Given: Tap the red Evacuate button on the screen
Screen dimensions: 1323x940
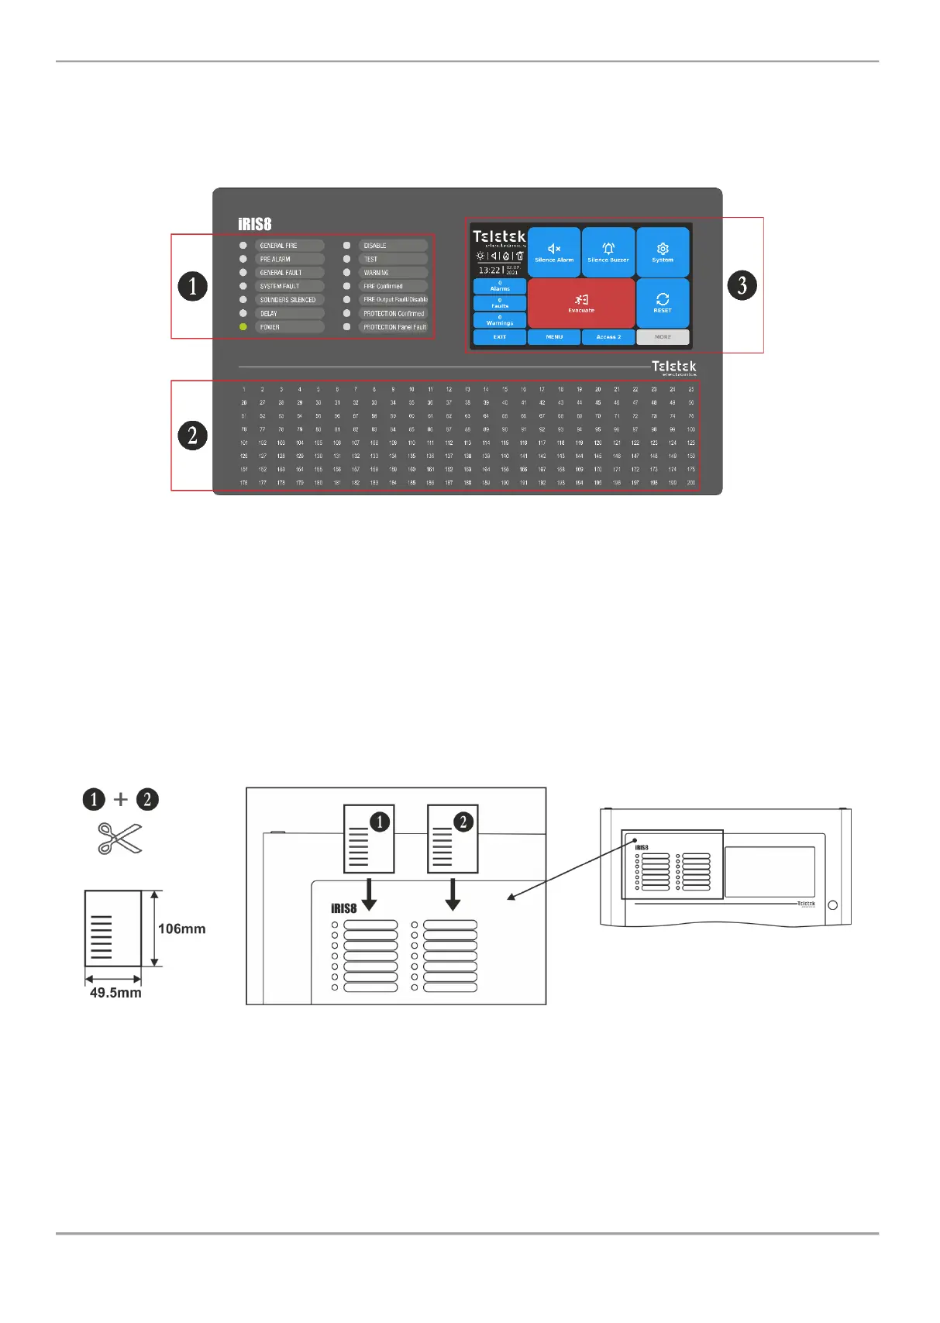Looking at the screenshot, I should [x=581, y=303].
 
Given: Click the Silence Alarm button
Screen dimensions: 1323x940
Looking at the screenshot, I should [x=554, y=252].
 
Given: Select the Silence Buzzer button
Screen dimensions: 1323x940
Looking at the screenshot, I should [x=608, y=252].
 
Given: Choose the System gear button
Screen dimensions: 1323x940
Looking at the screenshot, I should [x=663, y=252].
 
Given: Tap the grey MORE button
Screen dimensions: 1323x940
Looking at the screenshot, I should [x=663, y=337].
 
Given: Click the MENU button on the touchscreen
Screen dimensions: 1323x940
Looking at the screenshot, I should [x=554, y=337].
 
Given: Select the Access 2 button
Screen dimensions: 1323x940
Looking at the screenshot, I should [x=608, y=337].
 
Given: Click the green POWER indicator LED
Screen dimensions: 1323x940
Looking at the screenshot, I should [x=243, y=327].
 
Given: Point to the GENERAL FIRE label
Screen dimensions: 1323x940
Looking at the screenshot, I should [x=279, y=246].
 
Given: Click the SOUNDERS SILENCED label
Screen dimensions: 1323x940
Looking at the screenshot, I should [x=288, y=300].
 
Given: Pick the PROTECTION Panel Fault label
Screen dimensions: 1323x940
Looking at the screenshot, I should [x=394, y=327].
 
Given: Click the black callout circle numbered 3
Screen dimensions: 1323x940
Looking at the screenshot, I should [x=742, y=285].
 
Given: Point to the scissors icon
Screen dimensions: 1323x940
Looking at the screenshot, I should [x=120, y=839].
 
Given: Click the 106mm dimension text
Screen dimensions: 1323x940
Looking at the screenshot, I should [x=182, y=929].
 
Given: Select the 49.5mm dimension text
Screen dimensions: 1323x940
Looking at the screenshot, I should [x=115, y=993].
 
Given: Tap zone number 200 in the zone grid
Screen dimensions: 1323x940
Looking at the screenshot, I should [x=691, y=483].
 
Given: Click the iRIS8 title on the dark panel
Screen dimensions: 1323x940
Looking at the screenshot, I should [x=255, y=224].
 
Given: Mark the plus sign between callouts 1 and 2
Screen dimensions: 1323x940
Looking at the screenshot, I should [x=121, y=799].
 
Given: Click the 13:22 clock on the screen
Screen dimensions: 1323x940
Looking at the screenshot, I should [x=489, y=270].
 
